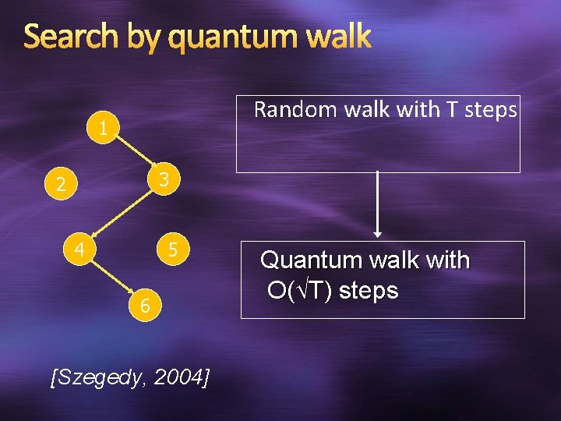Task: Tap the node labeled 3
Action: (x=164, y=180)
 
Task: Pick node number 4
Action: (x=79, y=250)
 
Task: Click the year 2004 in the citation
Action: (x=180, y=378)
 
